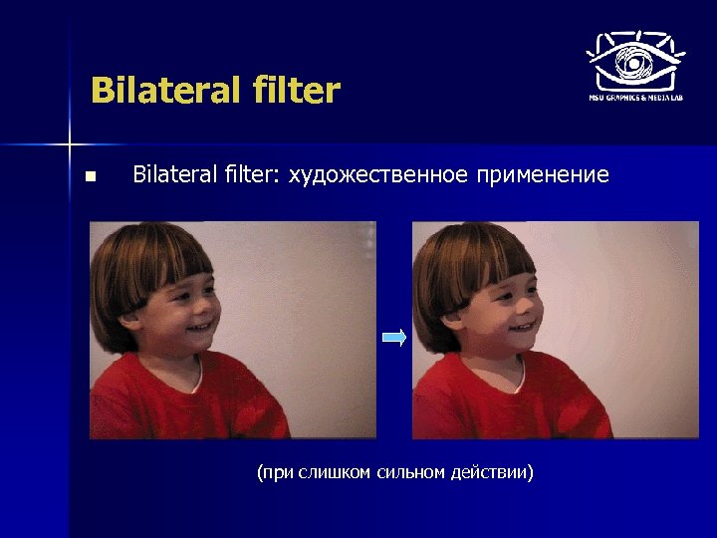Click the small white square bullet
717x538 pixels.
point(91,177)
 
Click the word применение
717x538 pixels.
point(542,176)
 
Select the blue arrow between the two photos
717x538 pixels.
point(394,338)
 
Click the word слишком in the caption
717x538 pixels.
point(335,471)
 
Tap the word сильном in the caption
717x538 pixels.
point(411,471)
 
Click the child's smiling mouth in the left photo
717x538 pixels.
point(199,327)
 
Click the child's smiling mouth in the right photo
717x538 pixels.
point(522,327)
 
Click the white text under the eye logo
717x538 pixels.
point(634,99)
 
